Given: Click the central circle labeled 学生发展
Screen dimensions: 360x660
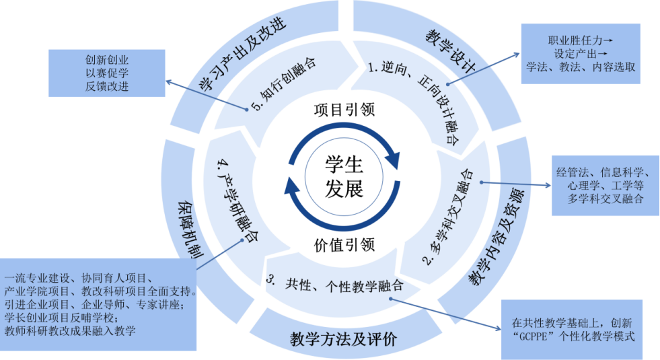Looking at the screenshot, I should [x=344, y=176].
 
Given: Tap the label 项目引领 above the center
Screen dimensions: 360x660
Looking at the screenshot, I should [x=344, y=109].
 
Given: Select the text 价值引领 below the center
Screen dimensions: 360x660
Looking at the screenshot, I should [x=344, y=244].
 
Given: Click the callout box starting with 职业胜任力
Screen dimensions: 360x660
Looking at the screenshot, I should [x=580, y=54].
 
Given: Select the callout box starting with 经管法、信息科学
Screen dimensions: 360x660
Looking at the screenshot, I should [x=606, y=184].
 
